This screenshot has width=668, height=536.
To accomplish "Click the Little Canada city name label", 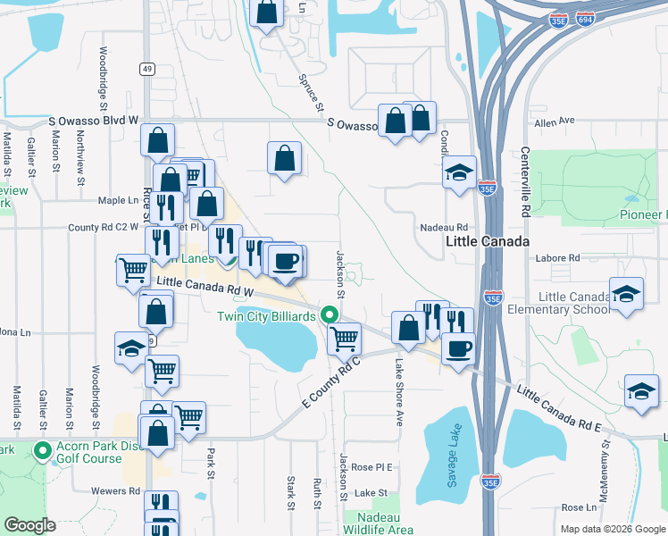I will coord(488,242).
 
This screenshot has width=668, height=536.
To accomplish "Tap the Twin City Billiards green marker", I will coord(330,316).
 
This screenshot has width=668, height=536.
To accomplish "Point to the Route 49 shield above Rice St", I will coord(146,69).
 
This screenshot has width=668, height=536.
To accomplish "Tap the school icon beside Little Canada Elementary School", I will coord(626,294).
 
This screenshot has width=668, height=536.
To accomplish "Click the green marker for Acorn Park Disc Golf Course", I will coord(41,450).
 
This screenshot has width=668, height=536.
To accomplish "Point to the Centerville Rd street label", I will coord(525,182).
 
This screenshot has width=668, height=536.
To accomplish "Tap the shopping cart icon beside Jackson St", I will coord(345,339).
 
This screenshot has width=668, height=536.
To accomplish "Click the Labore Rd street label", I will coord(558,258).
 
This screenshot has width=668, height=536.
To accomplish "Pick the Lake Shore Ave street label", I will coord(399,392).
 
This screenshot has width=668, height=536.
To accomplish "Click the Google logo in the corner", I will coord(31,525).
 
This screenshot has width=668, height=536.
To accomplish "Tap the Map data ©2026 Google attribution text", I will coord(611,529).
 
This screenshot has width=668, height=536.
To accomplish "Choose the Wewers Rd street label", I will coord(115,490).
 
